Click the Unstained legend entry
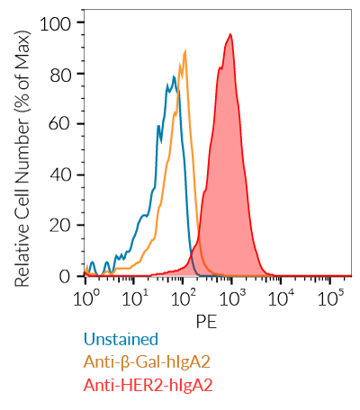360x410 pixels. coord(121,340)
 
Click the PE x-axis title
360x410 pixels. coord(208,319)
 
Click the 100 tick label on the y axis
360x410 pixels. coord(59,22)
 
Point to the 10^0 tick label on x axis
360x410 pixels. coord(86,297)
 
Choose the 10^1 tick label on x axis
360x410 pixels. coord(135,297)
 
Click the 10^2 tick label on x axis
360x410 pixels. coord(184,297)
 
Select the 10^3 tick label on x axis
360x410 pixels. coord(233,297)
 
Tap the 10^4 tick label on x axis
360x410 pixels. coord(283,297)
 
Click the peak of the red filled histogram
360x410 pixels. coord(231,35)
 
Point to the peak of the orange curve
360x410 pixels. coord(185,51)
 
